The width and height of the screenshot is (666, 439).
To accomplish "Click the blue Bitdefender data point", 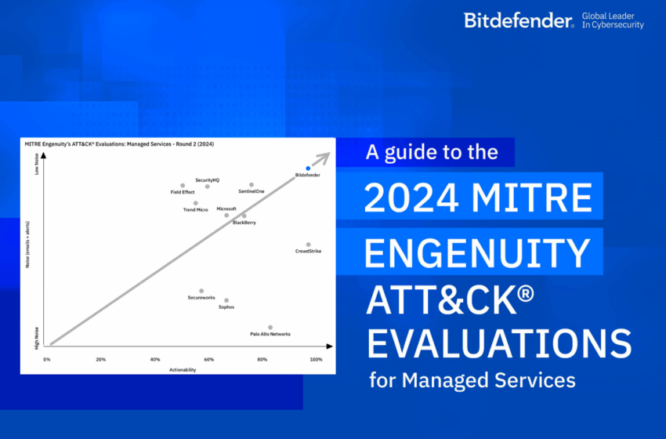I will pyautogui.click(x=308, y=168).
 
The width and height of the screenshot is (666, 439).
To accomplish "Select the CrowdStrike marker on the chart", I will pyautogui.click(x=308, y=245).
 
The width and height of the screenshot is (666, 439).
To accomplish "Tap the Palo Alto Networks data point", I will pyautogui.click(x=270, y=327).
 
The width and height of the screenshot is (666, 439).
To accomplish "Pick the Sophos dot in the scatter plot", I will pyautogui.click(x=226, y=300).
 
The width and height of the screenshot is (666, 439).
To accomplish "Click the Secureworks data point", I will pyautogui.click(x=201, y=291).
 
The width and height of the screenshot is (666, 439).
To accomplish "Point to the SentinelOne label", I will pyautogui.click(x=251, y=192).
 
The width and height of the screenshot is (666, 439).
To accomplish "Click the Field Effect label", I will pyautogui.click(x=183, y=192).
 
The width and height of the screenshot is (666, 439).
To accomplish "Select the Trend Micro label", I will pyautogui.click(x=195, y=209).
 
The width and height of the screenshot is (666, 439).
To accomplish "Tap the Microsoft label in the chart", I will pyautogui.click(x=226, y=209).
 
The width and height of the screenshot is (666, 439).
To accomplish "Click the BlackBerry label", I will pyautogui.click(x=244, y=223).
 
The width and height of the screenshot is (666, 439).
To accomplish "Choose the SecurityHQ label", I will pyautogui.click(x=207, y=180).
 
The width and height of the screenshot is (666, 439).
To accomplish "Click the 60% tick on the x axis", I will pyautogui.click(x=208, y=359).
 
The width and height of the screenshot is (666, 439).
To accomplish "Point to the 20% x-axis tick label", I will pyautogui.click(x=101, y=359).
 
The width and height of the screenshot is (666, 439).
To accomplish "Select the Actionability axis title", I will pyautogui.click(x=183, y=369).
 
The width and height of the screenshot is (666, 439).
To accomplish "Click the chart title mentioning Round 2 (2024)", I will pyautogui.click(x=120, y=145).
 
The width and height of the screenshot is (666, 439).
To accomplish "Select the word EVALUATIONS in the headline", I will pyautogui.click(x=499, y=343).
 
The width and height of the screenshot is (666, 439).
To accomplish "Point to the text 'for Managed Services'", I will pyautogui.click(x=472, y=381).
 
